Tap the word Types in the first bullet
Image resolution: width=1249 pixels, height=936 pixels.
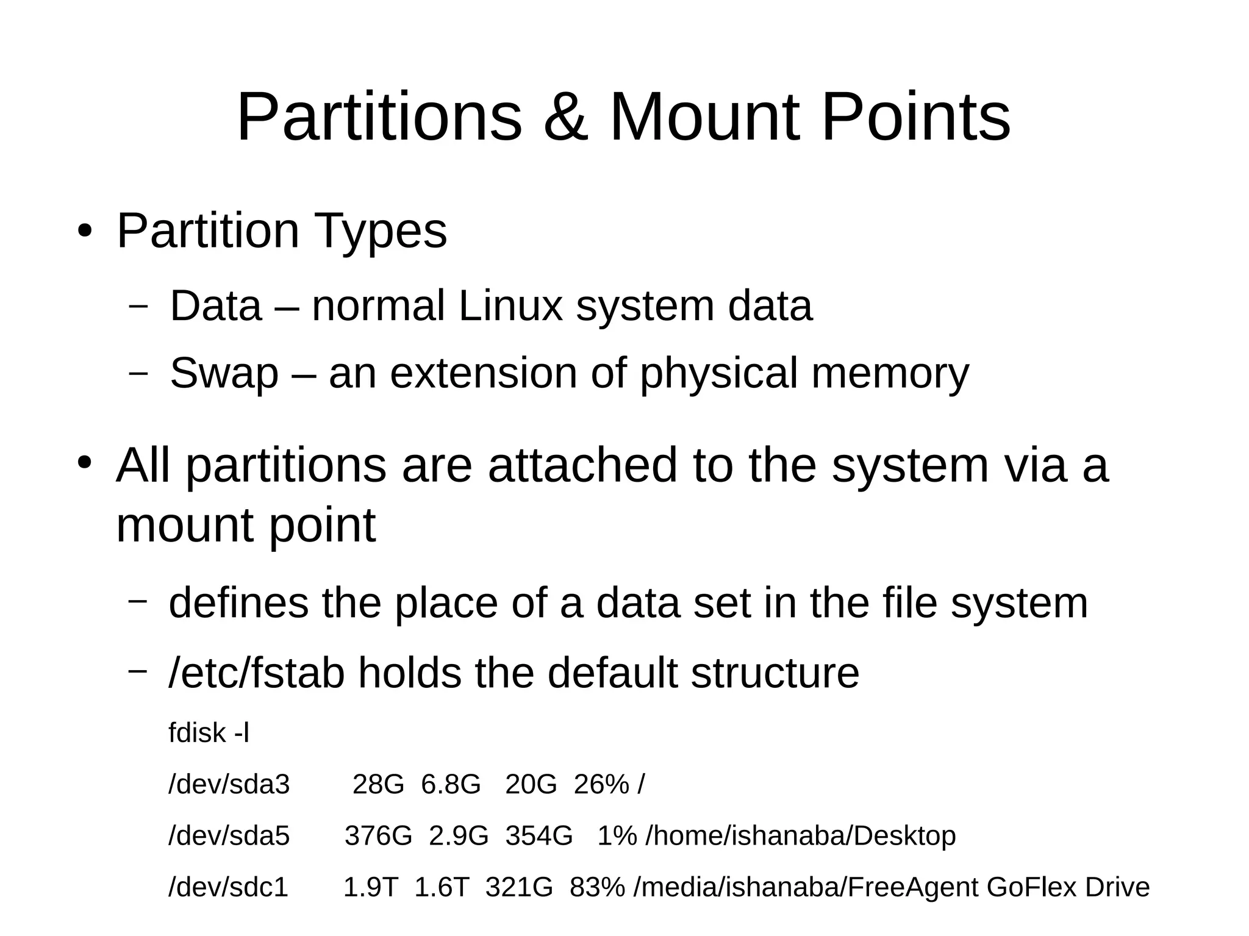380,231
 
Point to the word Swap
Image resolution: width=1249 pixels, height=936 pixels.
224,373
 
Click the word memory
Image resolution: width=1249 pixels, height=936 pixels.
890,373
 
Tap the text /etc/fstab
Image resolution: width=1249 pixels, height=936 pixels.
256,673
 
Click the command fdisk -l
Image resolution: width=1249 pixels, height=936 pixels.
209,732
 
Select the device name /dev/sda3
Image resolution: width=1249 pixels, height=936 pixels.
229,784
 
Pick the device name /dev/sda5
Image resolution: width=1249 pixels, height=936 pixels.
229,835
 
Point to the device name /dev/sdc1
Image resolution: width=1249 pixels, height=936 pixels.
228,887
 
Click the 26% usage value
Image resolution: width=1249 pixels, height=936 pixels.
601,784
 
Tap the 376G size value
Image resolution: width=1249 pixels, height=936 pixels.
378,835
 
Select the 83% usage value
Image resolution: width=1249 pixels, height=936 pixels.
596,887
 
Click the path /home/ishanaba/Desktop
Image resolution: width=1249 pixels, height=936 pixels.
800,835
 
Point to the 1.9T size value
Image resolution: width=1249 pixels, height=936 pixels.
371,887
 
